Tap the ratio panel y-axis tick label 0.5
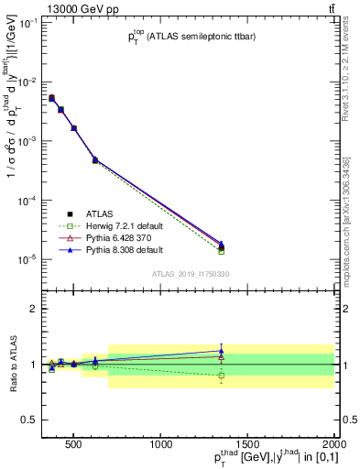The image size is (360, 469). click(x=28, y=420)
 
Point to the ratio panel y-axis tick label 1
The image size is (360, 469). click(x=32, y=365)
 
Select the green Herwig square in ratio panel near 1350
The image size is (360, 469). click(x=221, y=376)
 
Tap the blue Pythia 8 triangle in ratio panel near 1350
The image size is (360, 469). click(x=221, y=351)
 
